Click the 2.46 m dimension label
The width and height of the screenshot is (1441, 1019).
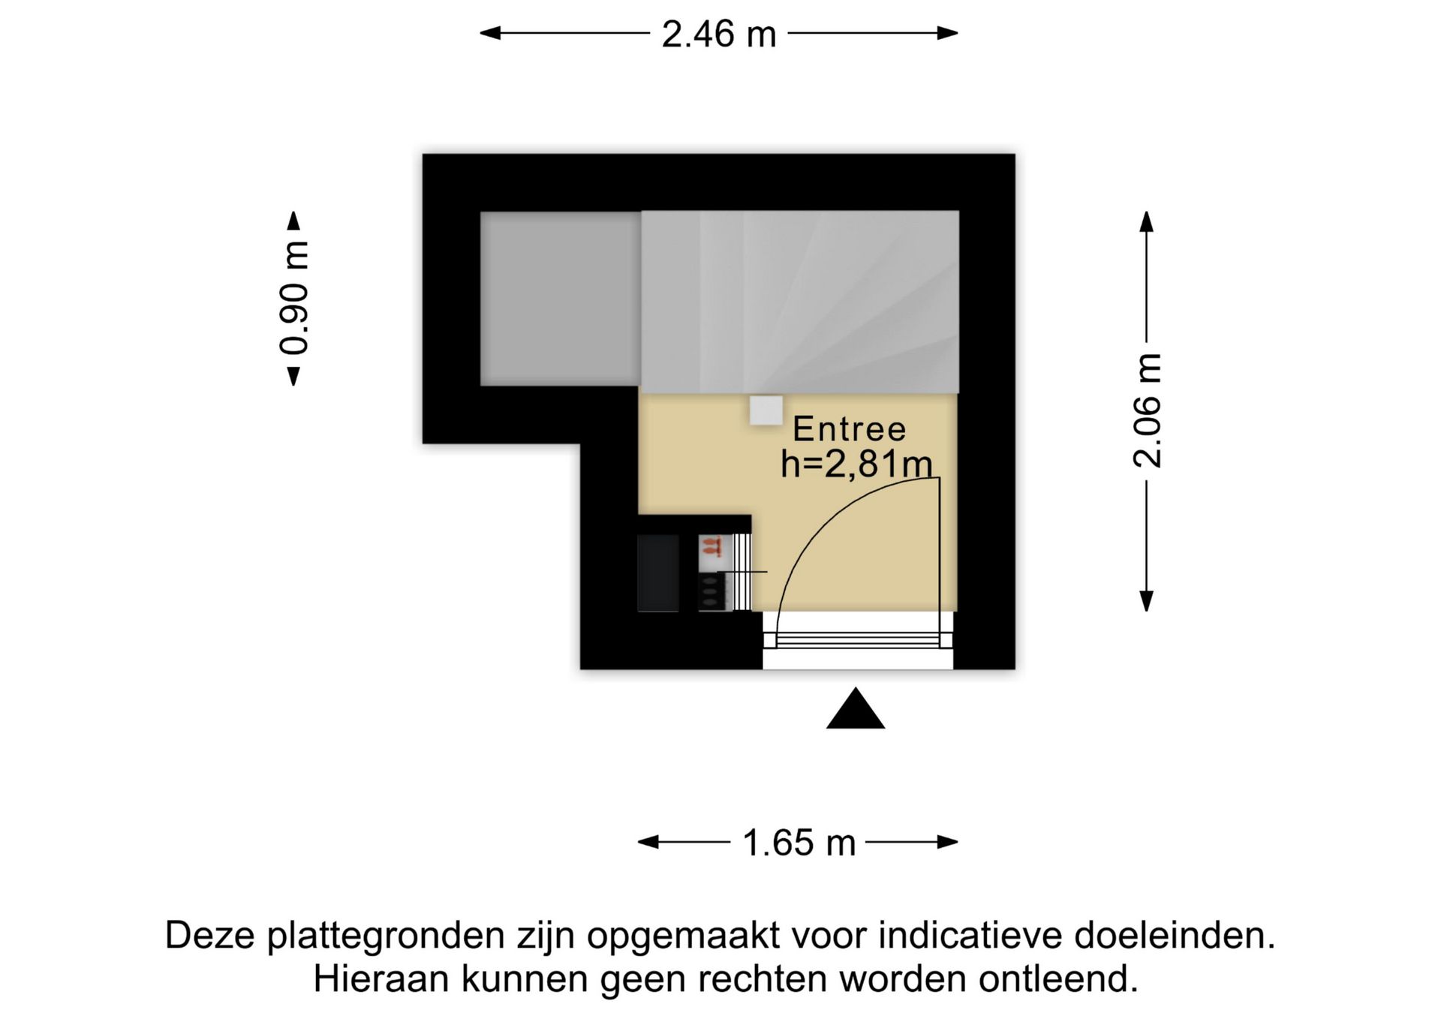(x=718, y=35)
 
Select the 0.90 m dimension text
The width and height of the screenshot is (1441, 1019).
(x=294, y=299)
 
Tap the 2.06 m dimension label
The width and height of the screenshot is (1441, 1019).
(x=1147, y=410)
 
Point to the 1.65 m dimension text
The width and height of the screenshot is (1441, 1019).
(x=799, y=843)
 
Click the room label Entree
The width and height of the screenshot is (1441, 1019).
(x=849, y=429)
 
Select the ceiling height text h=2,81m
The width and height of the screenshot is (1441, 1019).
(x=856, y=464)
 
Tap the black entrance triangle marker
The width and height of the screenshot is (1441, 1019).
(x=856, y=711)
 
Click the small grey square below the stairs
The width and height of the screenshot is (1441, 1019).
(x=766, y=410)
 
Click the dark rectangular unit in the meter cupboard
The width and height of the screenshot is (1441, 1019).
(x=658, y=573)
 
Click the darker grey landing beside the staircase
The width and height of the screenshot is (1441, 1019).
(x=560, y=299)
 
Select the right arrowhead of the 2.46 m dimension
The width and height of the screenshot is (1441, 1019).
(x=949, y=33)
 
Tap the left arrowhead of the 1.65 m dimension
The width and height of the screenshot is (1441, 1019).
(x=647, y=842)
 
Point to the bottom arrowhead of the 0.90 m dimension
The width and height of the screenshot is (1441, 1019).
(x=294, y=377)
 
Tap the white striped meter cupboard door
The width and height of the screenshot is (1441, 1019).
(x=742, y=572)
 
